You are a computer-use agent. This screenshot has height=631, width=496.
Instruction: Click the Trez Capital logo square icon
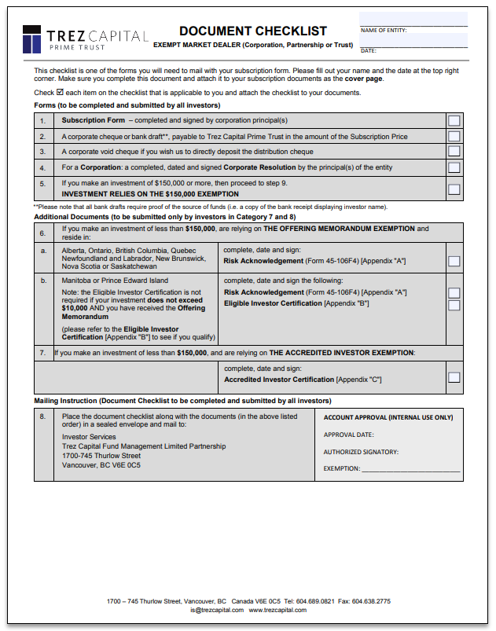tap(31, 39)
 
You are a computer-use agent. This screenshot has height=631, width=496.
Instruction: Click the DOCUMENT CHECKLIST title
tap(252, 31)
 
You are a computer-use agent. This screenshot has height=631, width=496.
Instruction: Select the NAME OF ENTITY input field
tap(413, 19)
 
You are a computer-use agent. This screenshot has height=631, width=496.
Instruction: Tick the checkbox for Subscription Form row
tap(454, 120)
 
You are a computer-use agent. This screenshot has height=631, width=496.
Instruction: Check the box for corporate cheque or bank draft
tap(454, 136)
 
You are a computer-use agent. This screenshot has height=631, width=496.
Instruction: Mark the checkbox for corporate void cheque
tap(454, 152)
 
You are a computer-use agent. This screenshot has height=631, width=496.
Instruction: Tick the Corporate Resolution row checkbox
tap(454, 167)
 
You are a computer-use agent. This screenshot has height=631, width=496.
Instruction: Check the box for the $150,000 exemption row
tap(454, 189)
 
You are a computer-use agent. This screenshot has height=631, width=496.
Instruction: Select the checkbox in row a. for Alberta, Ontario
tap(454, 261)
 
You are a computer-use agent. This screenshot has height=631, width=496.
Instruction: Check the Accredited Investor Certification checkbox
tap(454, 377)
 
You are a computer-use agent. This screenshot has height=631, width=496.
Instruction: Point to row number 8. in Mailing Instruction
tap(42, 416)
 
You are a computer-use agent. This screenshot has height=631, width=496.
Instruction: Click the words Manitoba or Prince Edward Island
tap(115, 281)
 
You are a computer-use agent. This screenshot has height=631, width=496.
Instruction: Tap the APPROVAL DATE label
tap(348, 435)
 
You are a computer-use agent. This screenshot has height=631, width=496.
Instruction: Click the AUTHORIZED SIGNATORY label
tap(361, 452)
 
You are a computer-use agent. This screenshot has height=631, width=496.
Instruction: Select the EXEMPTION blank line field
tap(410, 469)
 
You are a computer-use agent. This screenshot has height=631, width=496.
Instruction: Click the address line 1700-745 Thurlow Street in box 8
tap(101, 456)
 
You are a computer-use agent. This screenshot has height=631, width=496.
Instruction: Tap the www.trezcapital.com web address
tap(277, 610)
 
